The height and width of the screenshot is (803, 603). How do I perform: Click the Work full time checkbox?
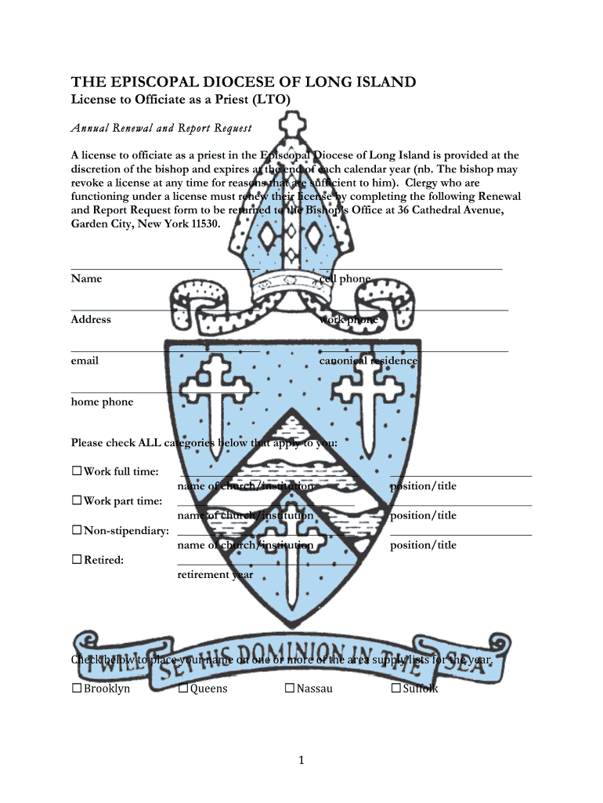pos(77,471)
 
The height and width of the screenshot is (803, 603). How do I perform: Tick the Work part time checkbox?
pos(77,500)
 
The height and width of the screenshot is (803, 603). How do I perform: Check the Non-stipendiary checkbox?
pos(77,531)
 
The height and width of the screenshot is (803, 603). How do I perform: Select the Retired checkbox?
pos(77,560)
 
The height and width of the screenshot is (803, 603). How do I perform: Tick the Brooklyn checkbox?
pos(77,689)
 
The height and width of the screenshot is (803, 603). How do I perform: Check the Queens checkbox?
pos(182,689)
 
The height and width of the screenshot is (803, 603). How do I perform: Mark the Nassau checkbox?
pos(289,689)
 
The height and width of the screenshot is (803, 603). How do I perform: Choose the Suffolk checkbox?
pos(395,689)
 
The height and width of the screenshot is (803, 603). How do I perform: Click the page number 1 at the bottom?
pos(301,760)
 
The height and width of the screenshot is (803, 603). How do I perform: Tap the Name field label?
pos(86,278)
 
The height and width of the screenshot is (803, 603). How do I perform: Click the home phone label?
pos(102,402)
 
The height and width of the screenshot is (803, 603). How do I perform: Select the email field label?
pos(85,361)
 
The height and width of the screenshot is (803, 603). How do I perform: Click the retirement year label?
pos(215,575)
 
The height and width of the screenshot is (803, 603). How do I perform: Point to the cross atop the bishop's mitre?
pos(291,125)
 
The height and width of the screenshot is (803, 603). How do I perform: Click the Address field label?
pos(91,319)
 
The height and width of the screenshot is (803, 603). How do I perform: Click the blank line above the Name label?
pos(164,269)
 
